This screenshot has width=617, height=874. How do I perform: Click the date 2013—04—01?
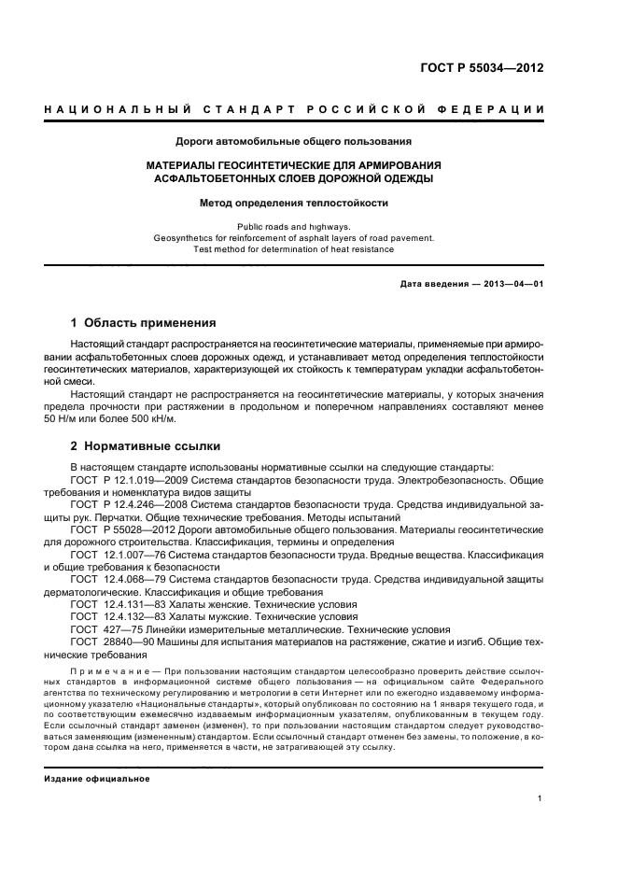point(512,284)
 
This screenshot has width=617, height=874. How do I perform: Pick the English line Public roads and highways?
point(293,226)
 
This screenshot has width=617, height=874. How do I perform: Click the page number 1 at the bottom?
point(540,798)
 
